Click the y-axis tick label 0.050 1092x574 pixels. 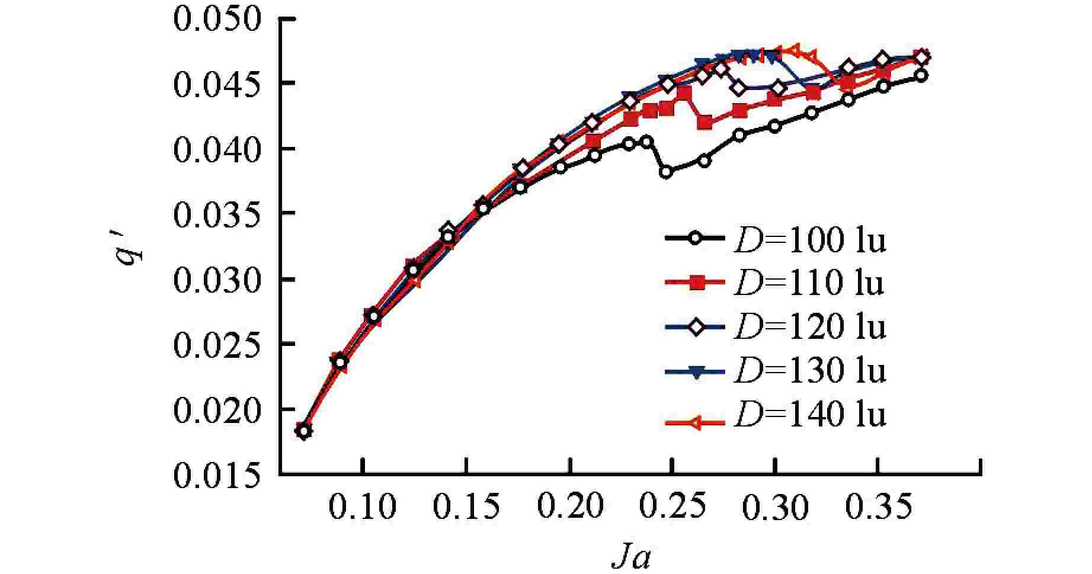point(217,19)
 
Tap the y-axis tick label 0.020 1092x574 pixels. point(217,410)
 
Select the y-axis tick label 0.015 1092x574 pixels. point(217,475)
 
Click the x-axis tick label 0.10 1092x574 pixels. point(363,508)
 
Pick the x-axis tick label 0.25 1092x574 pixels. point(673,508)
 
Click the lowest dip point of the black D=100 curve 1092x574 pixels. point(666,172)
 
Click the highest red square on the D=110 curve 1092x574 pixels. point(684,92)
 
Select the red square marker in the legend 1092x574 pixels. point(697,283)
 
